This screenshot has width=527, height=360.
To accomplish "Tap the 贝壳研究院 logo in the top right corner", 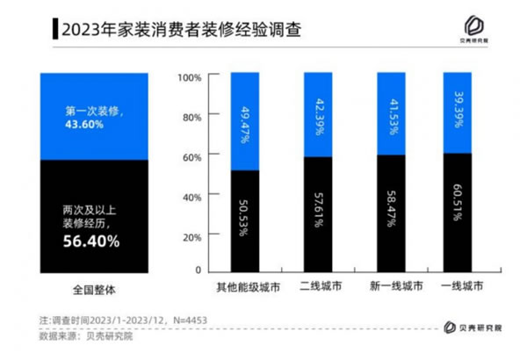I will pyautogui.click(x=482, y=28).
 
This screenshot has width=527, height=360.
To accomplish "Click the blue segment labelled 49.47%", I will pyautogui.click(x=244, y=120).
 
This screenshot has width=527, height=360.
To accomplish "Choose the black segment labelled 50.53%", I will pyautogui.click(x=244, y=220).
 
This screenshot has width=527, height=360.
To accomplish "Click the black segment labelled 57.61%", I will pyautogui.click(x=317, y=214).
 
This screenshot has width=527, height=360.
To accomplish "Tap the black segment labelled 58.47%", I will pyautogui.click(x=390, y=213).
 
